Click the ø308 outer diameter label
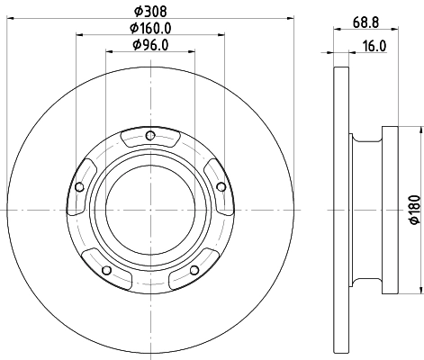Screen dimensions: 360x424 point(150,10)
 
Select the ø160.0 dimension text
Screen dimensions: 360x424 point(150,28)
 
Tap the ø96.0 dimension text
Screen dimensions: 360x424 point(150,45)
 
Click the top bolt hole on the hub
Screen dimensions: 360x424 point(150,137)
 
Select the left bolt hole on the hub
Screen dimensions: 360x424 point(80,187)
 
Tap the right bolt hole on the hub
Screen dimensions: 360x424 point(221,187)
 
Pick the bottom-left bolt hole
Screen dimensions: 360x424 point(107,270)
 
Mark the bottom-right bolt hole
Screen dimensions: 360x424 point(194,270)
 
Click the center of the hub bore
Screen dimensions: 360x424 point(150,211)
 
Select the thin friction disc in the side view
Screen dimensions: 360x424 point(340,209)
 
